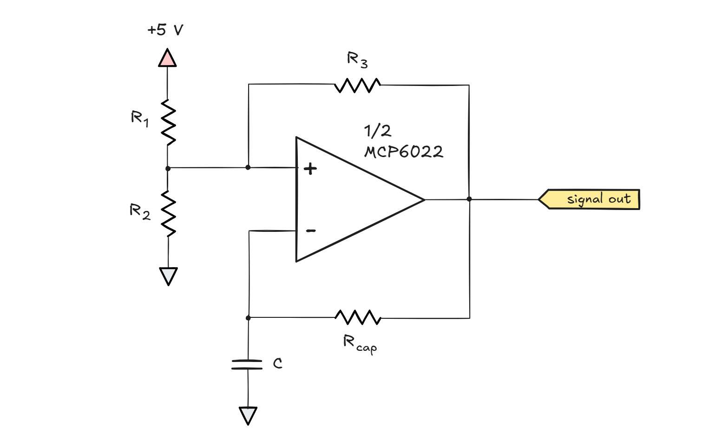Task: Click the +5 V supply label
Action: point(165,30)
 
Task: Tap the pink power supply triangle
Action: point(167,59)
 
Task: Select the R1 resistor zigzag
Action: point(168,123)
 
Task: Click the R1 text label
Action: point(139,118)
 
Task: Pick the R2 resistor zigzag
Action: point(168,213)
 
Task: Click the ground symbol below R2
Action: point(168,276)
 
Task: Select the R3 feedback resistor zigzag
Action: point(357,85)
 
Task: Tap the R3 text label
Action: point(357,60)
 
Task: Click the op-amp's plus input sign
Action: point(310,168)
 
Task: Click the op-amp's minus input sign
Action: point(311,230)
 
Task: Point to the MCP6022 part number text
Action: point(404,152)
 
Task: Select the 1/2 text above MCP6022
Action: point(377,131)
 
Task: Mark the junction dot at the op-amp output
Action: point(469,199)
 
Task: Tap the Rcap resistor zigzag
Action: point(358,318)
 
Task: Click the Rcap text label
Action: point(360,344)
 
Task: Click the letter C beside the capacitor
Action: point(277,363)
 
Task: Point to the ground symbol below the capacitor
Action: point(248,415)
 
